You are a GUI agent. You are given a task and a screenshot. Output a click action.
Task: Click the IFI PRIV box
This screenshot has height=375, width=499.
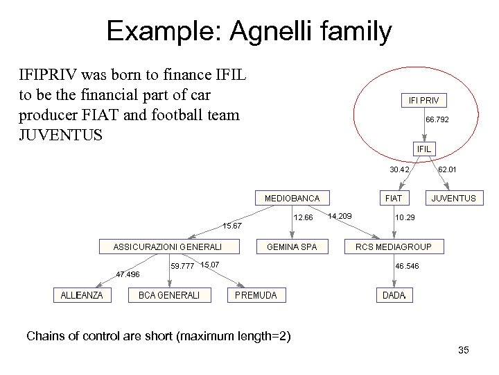click(429, 101)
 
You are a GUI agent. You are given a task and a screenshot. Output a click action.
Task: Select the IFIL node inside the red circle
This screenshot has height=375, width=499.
click(424, 149)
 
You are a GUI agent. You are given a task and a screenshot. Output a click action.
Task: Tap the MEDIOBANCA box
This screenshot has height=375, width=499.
click(292, 198)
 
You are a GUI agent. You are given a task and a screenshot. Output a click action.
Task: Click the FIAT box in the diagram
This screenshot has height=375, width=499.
click(393, 198)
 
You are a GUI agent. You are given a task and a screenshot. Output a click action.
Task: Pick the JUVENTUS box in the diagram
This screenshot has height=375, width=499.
click(453, 198)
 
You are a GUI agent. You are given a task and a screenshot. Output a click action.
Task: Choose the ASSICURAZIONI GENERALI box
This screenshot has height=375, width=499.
click(167, 247)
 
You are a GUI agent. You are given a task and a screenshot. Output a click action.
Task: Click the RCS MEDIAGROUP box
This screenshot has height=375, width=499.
click(393, 247)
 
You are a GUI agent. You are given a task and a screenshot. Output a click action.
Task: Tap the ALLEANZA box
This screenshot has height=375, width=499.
click(81, 295)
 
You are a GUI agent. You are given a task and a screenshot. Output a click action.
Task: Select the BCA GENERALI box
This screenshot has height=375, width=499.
click(169, 295)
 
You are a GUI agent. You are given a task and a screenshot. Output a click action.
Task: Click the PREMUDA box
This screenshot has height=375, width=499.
click(256, 295)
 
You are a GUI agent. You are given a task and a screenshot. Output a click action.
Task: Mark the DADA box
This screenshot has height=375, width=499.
click(394, 295)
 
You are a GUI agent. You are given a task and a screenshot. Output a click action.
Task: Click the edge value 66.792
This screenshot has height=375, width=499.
click(437, 120)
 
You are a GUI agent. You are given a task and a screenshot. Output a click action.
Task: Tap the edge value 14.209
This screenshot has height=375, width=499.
click(340, 216)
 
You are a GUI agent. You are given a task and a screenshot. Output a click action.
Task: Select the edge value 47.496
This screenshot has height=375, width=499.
click(128, 274)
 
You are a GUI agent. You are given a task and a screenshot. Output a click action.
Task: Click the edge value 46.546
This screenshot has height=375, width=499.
click(407, 266)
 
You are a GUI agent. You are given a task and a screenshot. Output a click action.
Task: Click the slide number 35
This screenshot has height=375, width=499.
click(464, 350)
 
